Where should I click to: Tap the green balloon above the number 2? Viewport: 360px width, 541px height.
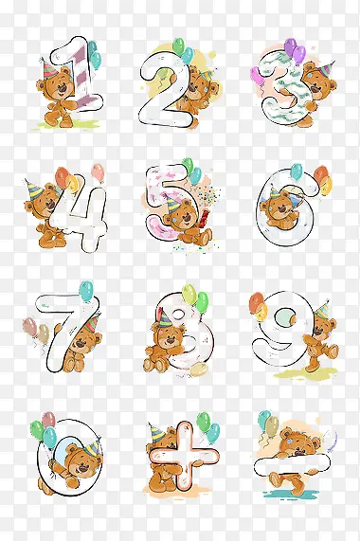tap(179, 45)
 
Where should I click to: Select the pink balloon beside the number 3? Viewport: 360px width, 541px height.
tap(257, 75)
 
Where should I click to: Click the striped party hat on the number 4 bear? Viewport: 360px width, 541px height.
tap(34, 189)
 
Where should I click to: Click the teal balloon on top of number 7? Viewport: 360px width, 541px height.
tap(86, 291)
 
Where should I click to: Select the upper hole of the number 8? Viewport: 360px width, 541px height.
tap(180, 314)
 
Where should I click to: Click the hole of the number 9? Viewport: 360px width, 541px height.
tap(285, 317)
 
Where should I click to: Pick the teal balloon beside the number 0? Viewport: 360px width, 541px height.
tap(49, 437)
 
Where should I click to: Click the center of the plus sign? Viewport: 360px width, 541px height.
tap(185, 456)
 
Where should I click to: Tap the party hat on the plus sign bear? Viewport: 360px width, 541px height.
tap(156, 432)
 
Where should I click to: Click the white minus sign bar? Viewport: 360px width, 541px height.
tap(293, 464)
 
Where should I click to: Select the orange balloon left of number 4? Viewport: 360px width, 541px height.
tap(63, 176)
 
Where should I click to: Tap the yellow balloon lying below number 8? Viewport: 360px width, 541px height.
tap(199, 370)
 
